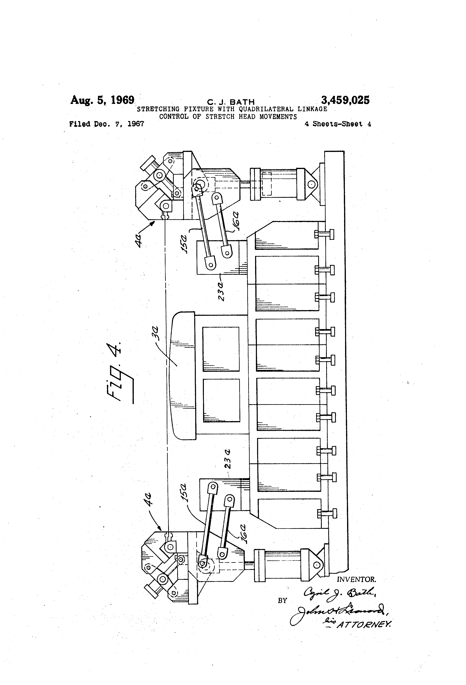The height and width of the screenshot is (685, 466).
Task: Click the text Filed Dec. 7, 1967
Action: (x=107, y=124)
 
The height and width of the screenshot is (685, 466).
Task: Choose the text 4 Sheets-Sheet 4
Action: (x=338, y=124)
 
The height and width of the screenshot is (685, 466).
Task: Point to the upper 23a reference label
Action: (x=222, y=291)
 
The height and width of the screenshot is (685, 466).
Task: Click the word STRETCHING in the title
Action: (x=158, y=109)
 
